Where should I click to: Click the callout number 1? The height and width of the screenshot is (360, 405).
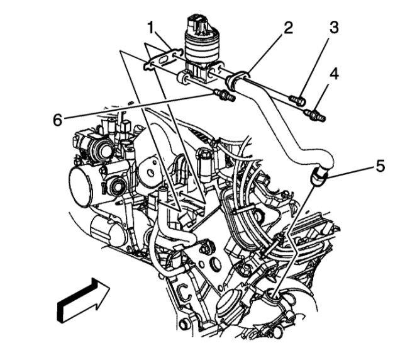click(150, 27)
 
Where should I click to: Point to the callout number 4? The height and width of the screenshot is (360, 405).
click(334, 73)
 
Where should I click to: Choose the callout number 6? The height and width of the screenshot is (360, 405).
click(58, 120)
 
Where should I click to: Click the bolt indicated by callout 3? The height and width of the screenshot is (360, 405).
click(297, 99)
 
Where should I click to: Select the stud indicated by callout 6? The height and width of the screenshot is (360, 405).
click(225, 96)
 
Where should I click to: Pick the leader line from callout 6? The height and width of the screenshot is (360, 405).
click(138, 108)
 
